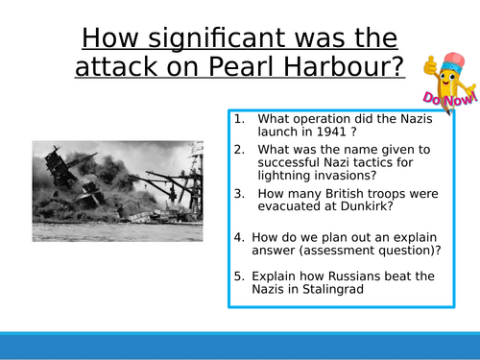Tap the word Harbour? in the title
[355, 69]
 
